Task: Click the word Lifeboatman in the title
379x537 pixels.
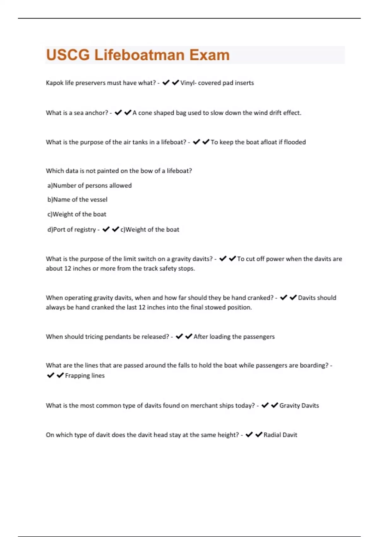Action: pyautogui.click(x=139, y=55)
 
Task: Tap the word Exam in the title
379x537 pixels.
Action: pyautogui.click(x=209, y=55)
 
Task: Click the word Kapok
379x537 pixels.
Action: pyautogui.click(x=55, y=83)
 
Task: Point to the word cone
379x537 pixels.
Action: pyautogui.click(x=145, y=113)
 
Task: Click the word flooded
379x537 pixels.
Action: pyautogui.click(x=295, y=142)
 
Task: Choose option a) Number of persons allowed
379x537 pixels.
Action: pyautogui.click(x=89, y=185)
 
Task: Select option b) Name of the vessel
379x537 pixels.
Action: pyautogui.click(x=77, y=200)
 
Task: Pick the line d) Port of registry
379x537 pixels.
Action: pyautogui.click(x=72, y=230)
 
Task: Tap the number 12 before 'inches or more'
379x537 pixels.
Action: pyautogui.click(x=68, y=268)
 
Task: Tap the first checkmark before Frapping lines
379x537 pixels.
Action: pyautogui.click(x=51, y=375)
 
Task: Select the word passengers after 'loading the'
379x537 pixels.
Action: pyautogui.click(x=259, y=337)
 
